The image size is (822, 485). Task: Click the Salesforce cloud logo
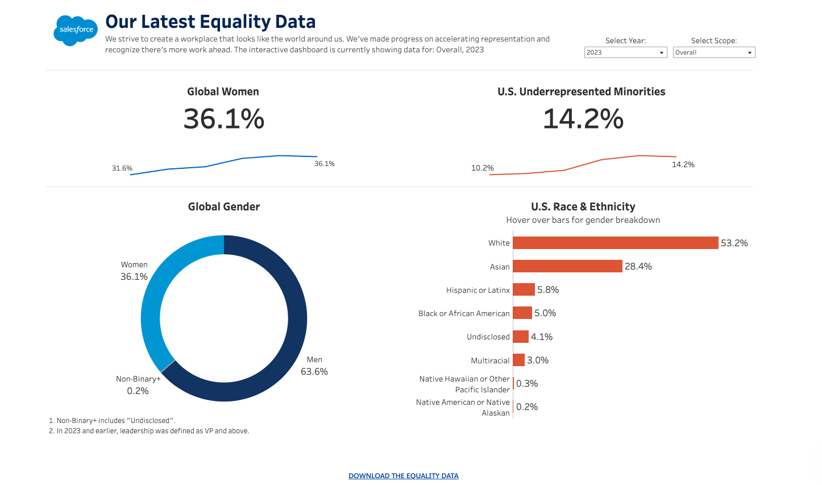[x=75, y=30]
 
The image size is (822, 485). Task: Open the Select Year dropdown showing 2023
[x=625, y=52]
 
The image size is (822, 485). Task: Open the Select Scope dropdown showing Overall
[x=713, y=52]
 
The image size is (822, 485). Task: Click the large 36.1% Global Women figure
[x=223, y=119]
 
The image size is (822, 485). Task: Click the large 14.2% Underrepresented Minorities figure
[x=583, y=119]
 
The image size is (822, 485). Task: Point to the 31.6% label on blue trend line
[x=122, y=168]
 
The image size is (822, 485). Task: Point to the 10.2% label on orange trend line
[x=482, y=168]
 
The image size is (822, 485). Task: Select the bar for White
[x=615, y=243]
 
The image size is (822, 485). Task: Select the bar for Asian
[x=567, y=266]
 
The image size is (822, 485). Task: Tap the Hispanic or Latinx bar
[x=524, y=289]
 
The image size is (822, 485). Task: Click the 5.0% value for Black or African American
[x=545, y=313]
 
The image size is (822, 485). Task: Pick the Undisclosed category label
[x=488, y=337]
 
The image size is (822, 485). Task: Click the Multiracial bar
[x=518, y=360]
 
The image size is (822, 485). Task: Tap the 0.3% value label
[x=526, y=384]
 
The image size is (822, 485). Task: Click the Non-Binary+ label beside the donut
[x=138, y=379]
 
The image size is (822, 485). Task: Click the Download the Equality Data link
[x=403, y=476]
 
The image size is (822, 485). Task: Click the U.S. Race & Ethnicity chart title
[x=583, y=207]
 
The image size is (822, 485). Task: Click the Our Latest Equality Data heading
[x=210, y=22]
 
